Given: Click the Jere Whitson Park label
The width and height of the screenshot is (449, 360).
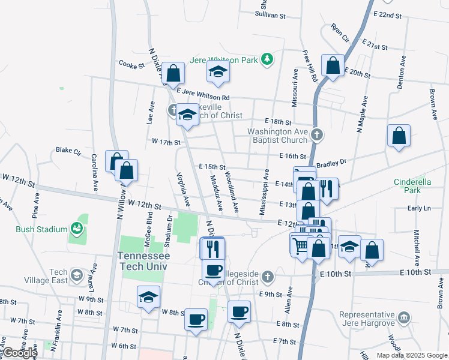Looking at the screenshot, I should coord(224,60).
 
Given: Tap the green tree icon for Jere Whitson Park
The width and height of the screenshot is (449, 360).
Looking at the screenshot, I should coord(268,60).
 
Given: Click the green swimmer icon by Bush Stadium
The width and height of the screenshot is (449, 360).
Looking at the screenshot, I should coord(76,228).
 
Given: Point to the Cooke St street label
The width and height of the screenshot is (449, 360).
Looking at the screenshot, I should coord(132,64).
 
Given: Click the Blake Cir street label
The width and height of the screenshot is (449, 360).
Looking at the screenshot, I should coord(68,150).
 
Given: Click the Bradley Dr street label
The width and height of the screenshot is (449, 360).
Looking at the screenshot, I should coord(331,162).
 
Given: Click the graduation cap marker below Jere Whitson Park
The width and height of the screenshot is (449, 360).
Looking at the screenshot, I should coord(218,73).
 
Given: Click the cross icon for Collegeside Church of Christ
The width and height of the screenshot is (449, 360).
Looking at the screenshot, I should coord(268,276).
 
